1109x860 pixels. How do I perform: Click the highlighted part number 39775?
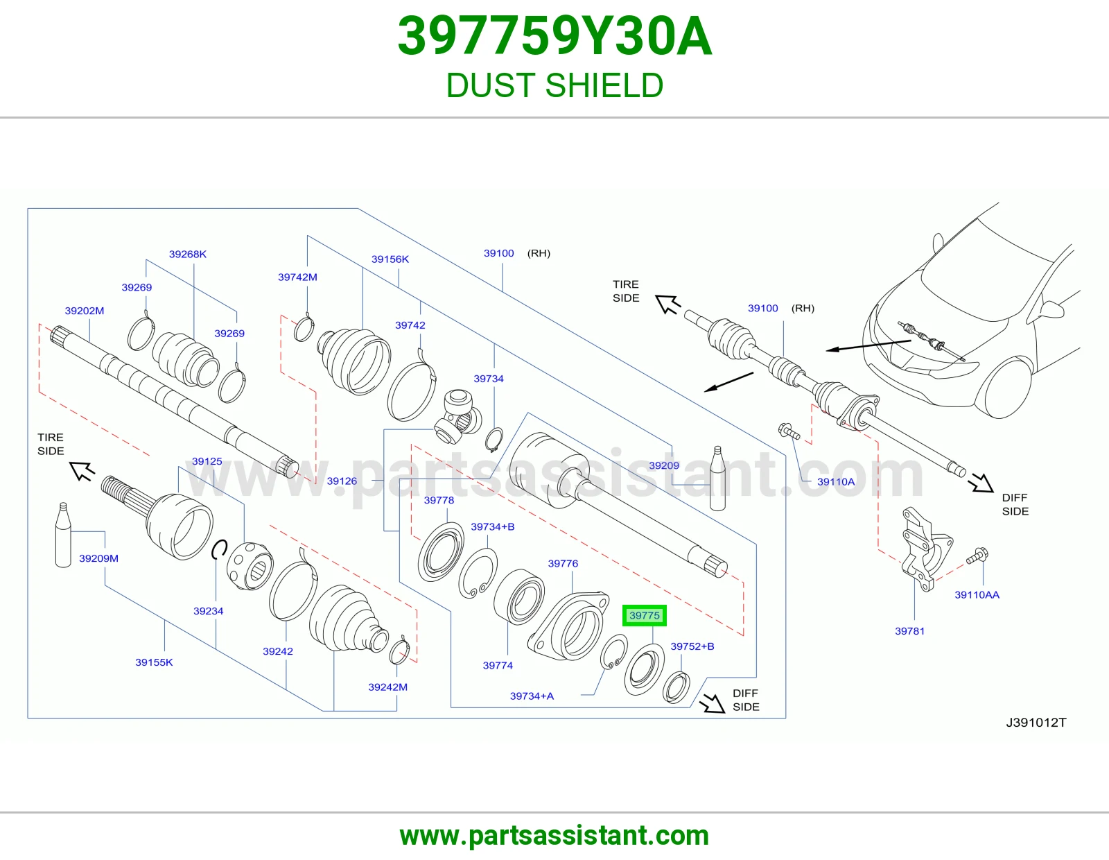[644, 615]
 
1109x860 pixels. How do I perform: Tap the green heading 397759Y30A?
[554, 37]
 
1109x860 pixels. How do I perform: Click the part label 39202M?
[84, 311]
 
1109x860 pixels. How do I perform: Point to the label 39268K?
[187, 254]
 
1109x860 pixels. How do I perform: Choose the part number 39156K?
[390, 259]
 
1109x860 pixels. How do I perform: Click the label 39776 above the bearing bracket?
[563, 563]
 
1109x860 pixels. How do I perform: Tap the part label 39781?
[909, 630]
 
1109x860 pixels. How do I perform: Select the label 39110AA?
[977, 594]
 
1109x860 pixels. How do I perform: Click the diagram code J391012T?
[1036, 722]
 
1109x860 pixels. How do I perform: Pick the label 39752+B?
[692, 646]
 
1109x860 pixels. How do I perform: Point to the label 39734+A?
[532, 696]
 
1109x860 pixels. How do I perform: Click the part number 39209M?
[98, 558]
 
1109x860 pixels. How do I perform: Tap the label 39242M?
[388, 687]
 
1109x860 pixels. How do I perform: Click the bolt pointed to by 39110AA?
[977, 556]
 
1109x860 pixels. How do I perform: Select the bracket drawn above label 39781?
[925, 549]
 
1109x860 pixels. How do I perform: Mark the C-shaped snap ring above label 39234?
[219, 549]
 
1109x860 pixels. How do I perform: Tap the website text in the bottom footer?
[554, 836]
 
